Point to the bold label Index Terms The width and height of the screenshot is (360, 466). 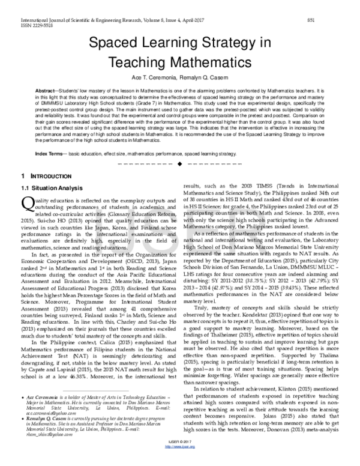coord(49,155)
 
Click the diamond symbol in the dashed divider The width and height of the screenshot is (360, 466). coord(181,164)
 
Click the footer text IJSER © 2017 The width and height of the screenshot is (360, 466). coord(181,458)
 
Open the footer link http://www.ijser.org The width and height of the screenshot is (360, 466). coord(181,462)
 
